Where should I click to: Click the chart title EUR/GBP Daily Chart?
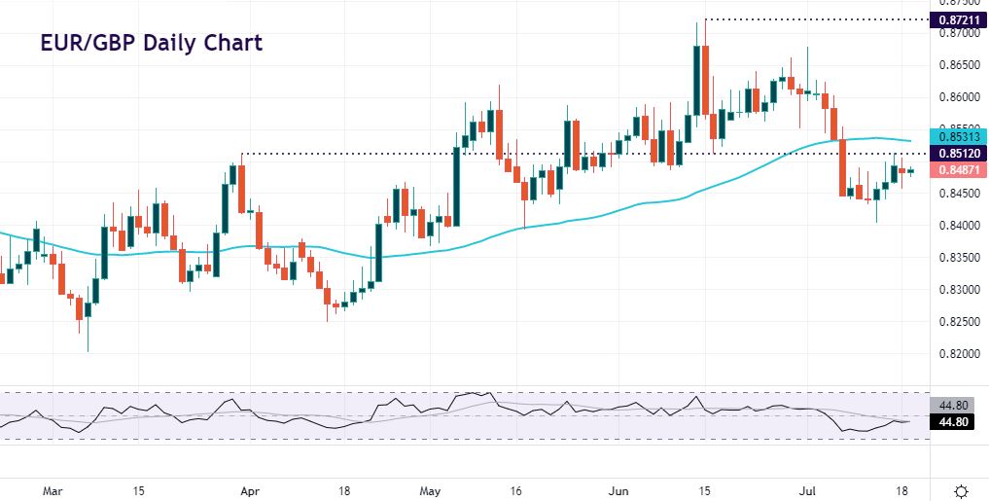pyautogui.click(x=151, y=44)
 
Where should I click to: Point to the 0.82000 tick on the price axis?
pyautogui.click(x=958, y=353)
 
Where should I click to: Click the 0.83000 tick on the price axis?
pyautogui.click(x=958, y=289)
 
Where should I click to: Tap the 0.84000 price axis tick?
pyautogui.click(x=958, y=225)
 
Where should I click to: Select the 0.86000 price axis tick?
pyautogui.click(x=958, y=97)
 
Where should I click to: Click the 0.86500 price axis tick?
pyautogui.click(x=958, y=65)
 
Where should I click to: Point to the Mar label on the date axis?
pyautogui.click(x=53, y=489)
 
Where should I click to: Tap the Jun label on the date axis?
pyautogui.click(x=618, y=489)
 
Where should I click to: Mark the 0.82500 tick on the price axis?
pyautogui.click(x=958, y=321)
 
